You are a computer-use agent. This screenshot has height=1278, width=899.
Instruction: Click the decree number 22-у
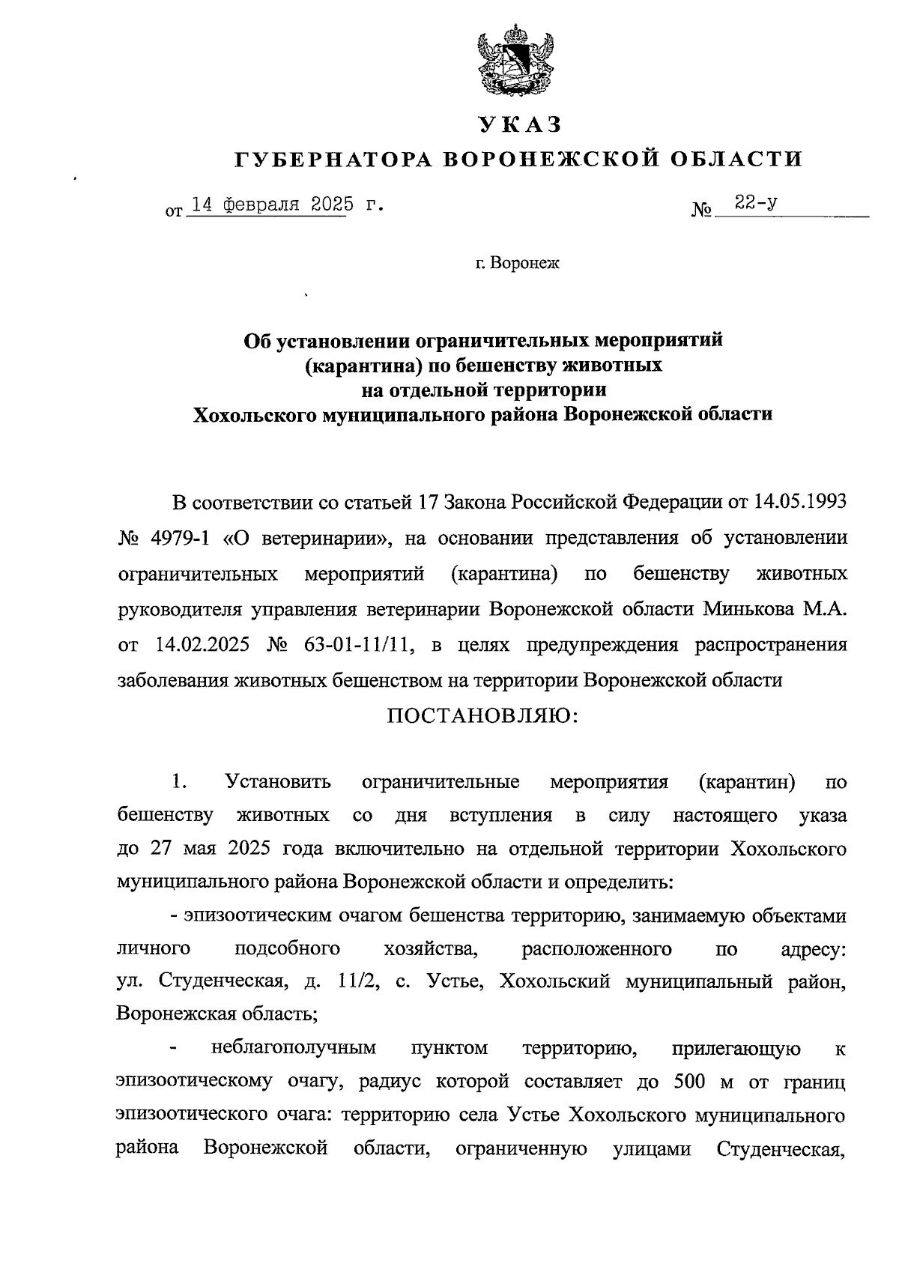(755, 202)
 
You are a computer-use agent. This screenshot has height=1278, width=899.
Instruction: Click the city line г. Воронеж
(517, 264)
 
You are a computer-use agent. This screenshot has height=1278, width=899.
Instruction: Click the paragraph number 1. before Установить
(178, 783)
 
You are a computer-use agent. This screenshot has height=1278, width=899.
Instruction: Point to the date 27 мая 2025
(205, 850)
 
